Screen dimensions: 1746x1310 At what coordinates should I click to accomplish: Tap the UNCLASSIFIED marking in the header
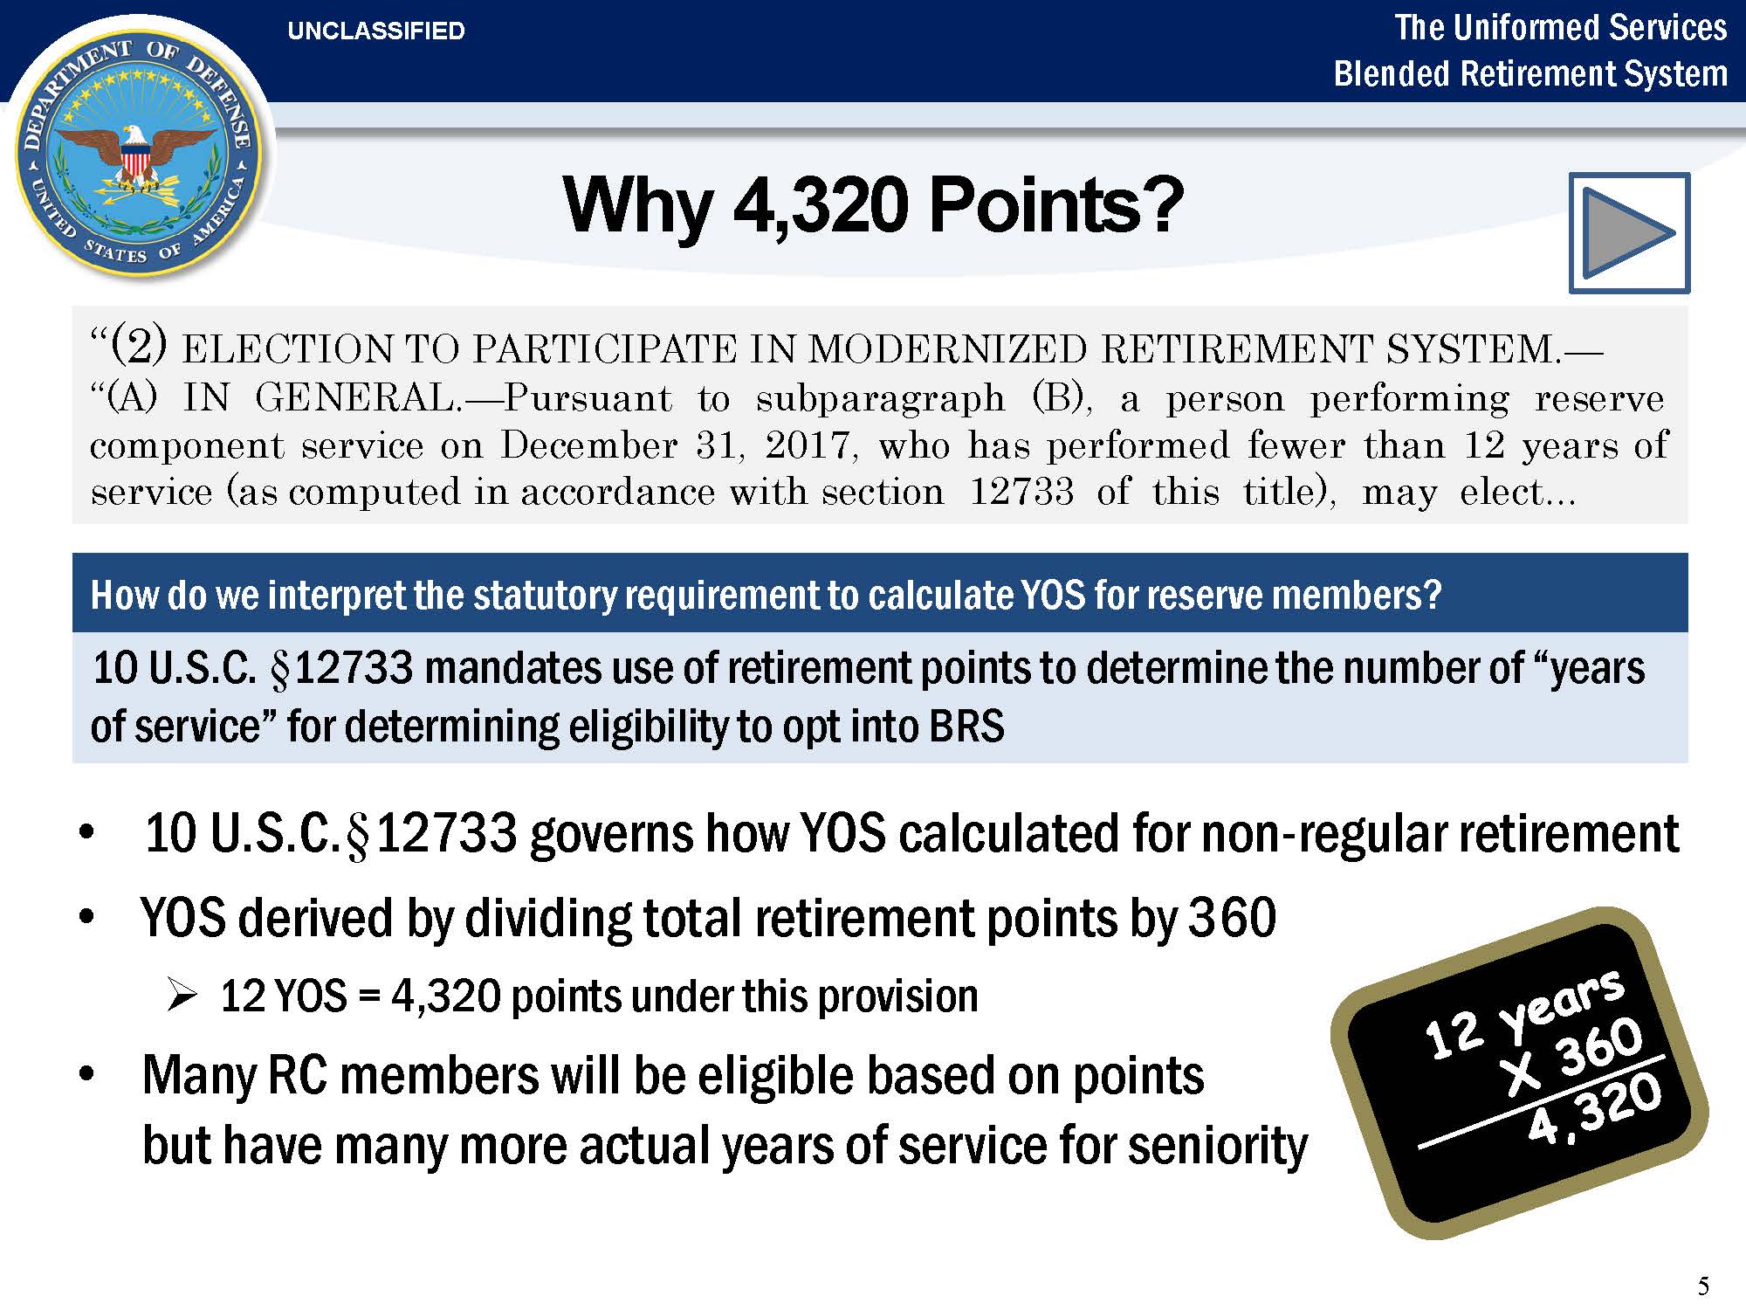(376, 31)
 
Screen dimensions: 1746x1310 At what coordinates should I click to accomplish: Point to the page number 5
(1703, 1286)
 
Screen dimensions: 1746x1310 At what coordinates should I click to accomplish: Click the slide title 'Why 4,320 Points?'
(873, 205)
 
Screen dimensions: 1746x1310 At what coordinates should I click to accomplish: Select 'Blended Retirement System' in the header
(1530, 73)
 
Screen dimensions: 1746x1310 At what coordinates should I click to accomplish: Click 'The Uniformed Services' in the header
(1560, 27)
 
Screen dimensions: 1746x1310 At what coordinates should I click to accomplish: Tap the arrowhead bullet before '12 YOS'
(182, 995)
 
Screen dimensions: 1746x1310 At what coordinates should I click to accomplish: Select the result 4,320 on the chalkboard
(1595, 1109)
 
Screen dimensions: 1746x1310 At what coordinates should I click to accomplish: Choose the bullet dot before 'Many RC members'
(86, 1073)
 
